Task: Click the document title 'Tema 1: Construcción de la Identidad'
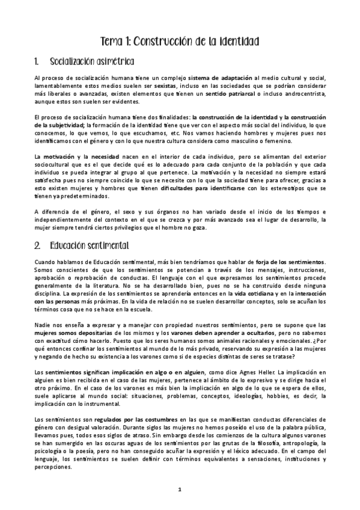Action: click(179, 42)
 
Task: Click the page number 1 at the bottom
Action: click(180, 490)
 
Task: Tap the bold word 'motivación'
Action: click(64, 156)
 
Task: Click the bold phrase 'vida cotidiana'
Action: click(251, 293)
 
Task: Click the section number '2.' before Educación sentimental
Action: click(37, 247)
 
